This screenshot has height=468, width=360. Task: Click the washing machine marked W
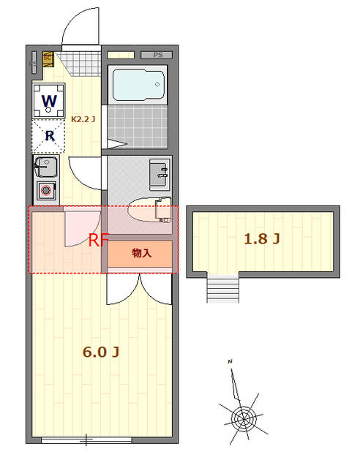(49, 100)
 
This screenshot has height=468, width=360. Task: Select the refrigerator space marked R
(49, 135)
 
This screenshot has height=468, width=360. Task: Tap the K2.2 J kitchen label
(83, 118)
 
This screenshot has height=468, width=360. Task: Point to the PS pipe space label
(157, 55)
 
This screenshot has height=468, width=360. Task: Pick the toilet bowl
(149, 211)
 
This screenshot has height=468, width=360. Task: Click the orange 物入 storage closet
(141, 254)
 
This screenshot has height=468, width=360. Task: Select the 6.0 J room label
(101, 352)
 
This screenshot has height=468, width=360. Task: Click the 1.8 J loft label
(261, 238)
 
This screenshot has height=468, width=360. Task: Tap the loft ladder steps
(223, 288)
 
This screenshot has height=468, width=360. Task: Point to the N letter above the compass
(230, 362)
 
